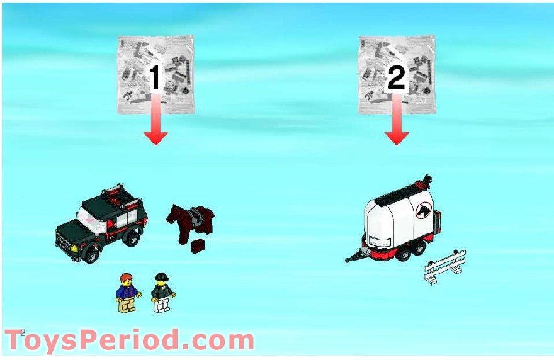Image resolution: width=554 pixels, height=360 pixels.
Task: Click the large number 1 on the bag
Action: (x=155, y=77)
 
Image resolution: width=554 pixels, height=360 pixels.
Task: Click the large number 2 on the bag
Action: (x=395, y=77)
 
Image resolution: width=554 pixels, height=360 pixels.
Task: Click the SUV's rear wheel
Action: (x=134, y=237)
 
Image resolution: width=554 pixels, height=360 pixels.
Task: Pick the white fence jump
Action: (x=444, y=266)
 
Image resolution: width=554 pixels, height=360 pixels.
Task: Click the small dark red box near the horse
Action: (x=200, y=245)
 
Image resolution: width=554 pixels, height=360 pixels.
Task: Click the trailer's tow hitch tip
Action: (x=347, y=259)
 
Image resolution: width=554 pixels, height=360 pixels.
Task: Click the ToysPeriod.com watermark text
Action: (x=129, y=340)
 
